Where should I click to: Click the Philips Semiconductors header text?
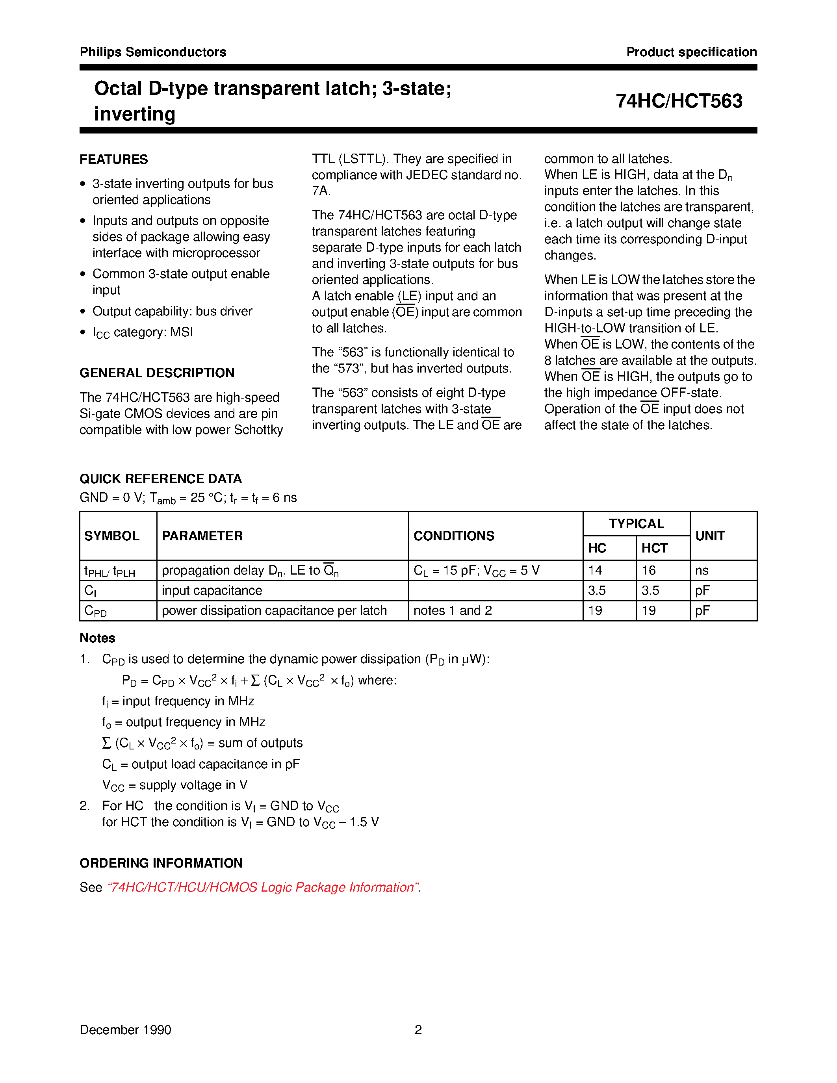[153, 52]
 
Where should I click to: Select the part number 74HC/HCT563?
[679, 101]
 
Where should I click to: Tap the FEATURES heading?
[113, 159]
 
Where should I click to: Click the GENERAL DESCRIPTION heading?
[157, 373]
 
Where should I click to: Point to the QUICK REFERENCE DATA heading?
[161, 479]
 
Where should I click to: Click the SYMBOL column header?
[112, 536]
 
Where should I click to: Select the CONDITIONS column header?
[454, 536]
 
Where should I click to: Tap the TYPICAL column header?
[636, 524]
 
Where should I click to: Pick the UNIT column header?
[710, 536]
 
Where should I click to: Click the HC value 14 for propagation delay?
[595, 571]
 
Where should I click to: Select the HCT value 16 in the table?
[649, 571]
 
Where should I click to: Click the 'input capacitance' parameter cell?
[212, 591]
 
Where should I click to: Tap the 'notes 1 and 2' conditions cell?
[453, 611]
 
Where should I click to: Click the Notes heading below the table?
[97, 638]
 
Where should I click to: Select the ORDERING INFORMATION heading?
[161, 863]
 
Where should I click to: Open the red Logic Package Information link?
[263, 887]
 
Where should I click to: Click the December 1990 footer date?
[125, 1030]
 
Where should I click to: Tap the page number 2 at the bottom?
[418, 1030]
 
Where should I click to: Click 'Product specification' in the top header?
[691, 52]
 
